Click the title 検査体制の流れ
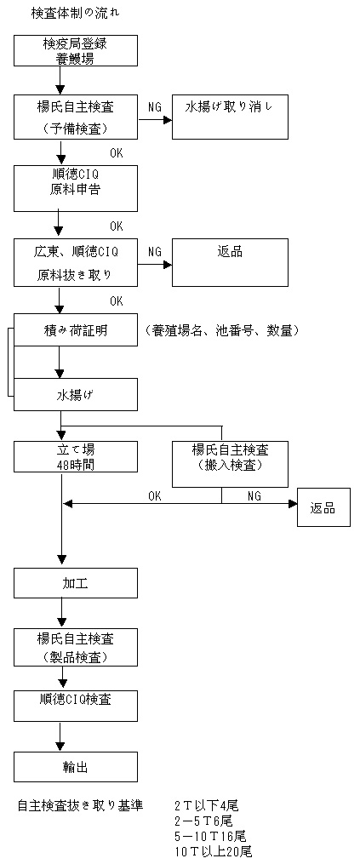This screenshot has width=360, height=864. click(75, 14)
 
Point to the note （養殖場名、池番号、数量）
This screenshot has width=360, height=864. click(222, 330)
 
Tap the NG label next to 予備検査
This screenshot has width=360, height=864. click(155, 107)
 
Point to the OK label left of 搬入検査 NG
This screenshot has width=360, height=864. click(155, 496)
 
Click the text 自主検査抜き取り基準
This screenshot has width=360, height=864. click(81, 805)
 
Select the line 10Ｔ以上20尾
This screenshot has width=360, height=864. click(213, 851)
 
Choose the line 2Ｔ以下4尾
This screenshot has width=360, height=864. click(206, 805)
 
